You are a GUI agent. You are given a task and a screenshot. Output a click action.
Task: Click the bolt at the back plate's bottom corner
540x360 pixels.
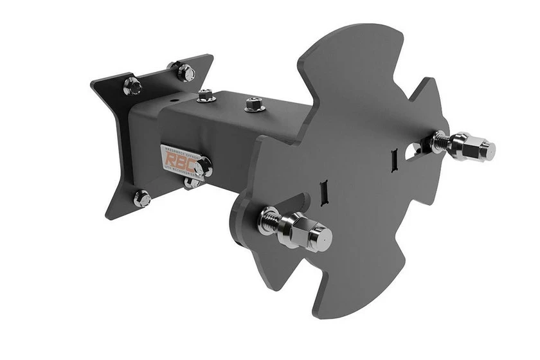[142, 197]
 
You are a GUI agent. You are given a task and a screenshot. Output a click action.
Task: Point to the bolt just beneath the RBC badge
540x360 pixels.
[192, 184]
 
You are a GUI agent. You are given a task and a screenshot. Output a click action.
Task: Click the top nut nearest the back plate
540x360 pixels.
[206, 96]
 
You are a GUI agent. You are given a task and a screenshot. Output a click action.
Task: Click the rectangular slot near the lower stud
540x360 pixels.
[325, 190]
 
